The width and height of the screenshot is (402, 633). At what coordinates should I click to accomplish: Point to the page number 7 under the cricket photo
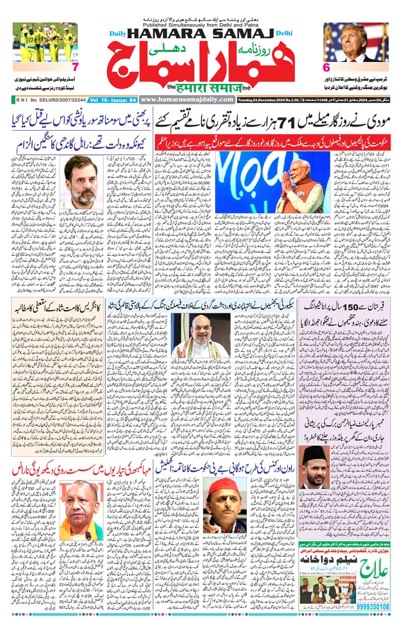tap(75, 67)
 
